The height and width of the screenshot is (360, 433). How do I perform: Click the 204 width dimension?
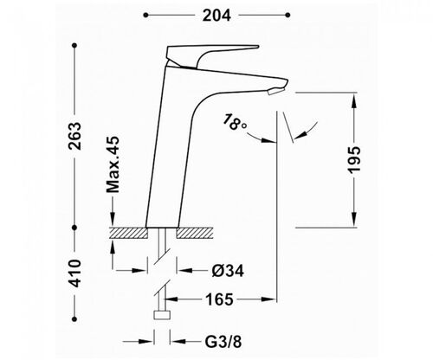coord(216,16)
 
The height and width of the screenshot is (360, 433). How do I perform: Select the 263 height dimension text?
coord(74,136)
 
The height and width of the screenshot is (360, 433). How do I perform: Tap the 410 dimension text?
coord(74,273)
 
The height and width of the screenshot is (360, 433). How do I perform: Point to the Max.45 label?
coord(113,164)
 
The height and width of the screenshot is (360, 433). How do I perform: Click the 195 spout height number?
coord(354,160)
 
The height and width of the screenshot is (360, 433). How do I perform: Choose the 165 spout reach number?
coord(219,299)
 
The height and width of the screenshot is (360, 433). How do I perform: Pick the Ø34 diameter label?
coord(228,271)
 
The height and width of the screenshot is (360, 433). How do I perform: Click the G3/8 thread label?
coord(223,342)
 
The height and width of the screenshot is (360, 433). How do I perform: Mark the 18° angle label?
coord(235,122)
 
